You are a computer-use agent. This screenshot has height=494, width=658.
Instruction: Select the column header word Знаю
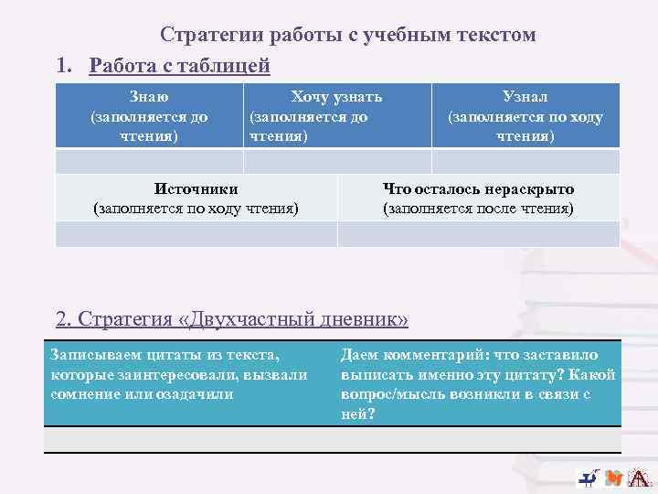(149, 96)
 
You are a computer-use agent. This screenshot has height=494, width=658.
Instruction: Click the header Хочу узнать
(336, 96)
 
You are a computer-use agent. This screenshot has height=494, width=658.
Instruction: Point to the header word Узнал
(525, 96)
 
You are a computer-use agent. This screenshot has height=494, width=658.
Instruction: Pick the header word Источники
(196, 188)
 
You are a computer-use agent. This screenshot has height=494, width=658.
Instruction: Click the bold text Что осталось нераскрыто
(478, 188)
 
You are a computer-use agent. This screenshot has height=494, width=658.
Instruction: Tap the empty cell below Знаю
(149, 161)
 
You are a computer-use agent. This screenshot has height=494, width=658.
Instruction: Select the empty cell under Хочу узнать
(336, 161)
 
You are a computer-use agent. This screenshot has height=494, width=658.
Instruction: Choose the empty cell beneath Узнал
(525, 161)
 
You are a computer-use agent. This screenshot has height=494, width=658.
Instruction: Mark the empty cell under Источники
(196, 234)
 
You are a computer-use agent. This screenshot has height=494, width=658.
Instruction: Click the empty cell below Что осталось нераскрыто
(478, 234)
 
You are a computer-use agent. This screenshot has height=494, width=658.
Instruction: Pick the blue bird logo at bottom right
(589, 477)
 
